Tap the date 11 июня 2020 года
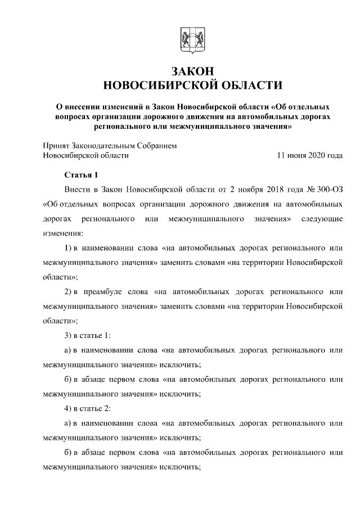[309, 155]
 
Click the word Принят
[56, 145]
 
